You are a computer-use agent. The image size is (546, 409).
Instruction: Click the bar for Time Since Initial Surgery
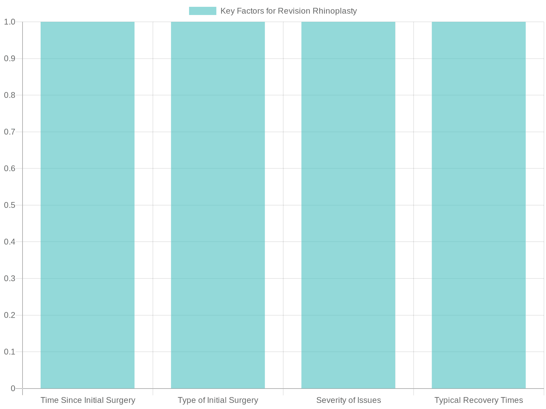pyautogui.click(x=88, y=204)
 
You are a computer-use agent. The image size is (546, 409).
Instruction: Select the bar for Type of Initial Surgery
pyautogui.click(x=218, y=204)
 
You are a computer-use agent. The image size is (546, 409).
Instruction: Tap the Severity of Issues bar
pyautogui.click(x=348, y=204)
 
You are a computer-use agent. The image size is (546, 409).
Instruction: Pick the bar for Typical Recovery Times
pyautogui.click(x=479, y=204)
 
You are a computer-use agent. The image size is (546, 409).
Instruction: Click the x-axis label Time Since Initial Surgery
pyautogui.click(x=88, y=400)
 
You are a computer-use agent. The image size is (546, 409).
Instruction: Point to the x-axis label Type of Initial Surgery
pyautogui.click(x=218, y=400)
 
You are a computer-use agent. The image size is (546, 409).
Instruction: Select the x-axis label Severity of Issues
pyautogui.click(x=348, y=400)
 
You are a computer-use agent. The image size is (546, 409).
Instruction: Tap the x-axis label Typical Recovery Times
pyautogui.click(x=479, y=400)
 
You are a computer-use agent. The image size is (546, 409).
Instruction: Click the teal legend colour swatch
pyautogui.click(x=203, y=11)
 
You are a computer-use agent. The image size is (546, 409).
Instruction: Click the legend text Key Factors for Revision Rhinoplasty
pyautogui.click(x=289, y=11)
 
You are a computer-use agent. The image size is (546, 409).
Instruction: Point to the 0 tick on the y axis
pyautogui.click(x=13, y=388)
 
